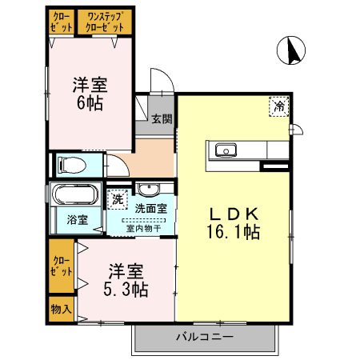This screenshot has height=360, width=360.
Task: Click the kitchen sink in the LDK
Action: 223,150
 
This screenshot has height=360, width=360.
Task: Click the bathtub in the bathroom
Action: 74,194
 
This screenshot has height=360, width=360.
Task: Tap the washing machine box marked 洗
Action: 118,198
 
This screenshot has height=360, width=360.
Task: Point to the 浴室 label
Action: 77,219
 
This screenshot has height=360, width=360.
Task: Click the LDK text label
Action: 234,214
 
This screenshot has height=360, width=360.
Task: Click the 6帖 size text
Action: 90,104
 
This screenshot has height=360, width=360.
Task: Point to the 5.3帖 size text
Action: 127,289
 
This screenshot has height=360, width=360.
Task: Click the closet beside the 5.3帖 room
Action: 61,266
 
